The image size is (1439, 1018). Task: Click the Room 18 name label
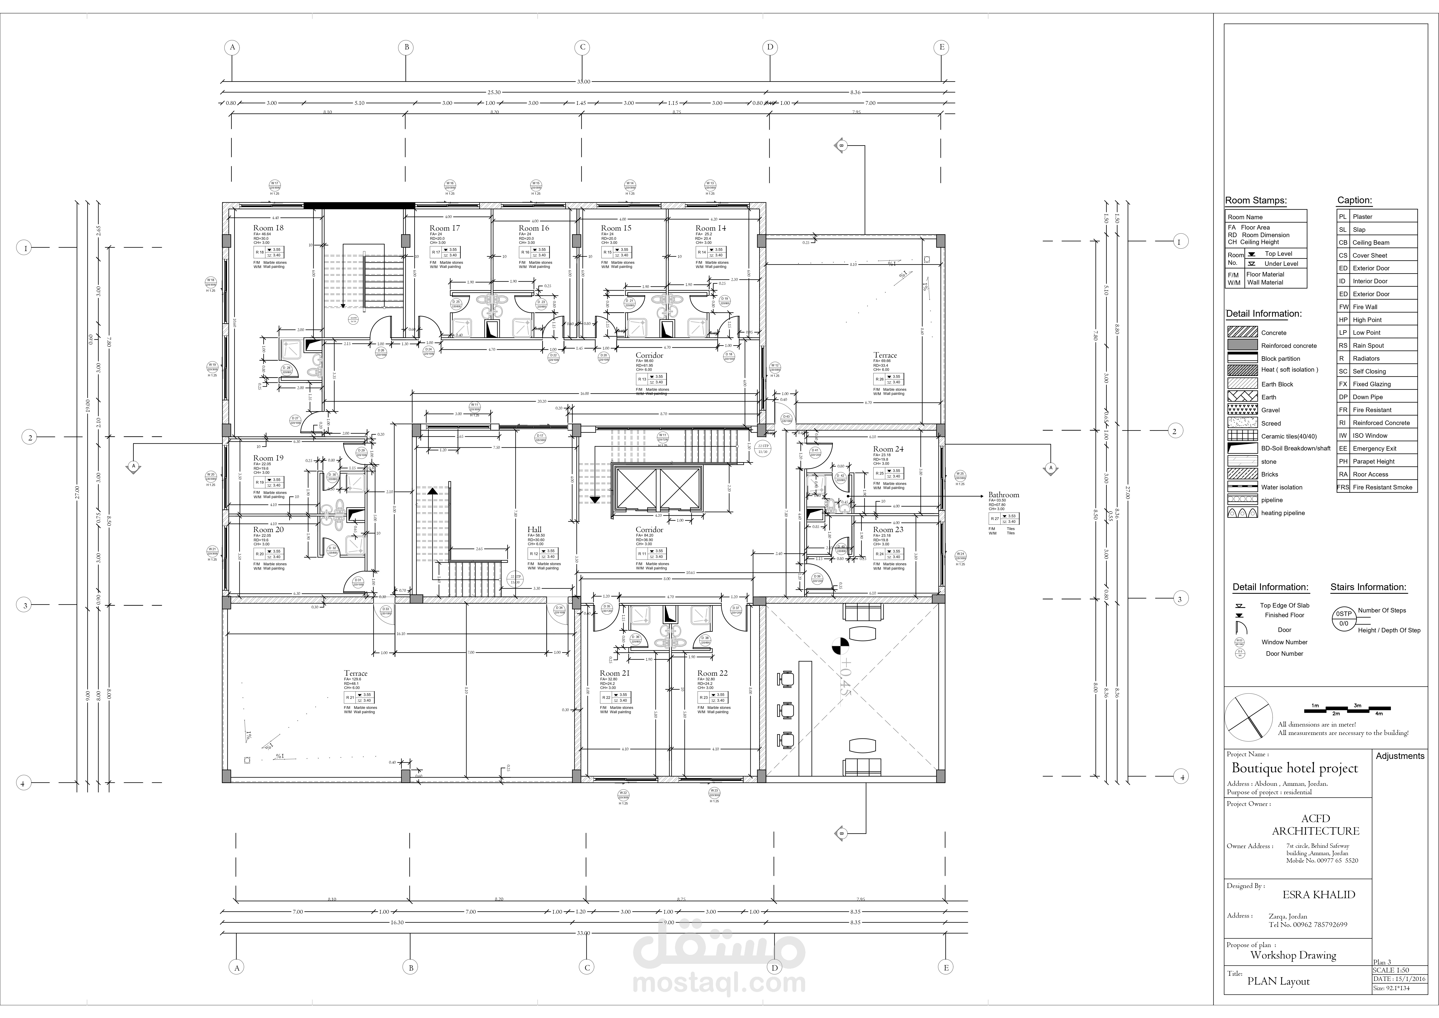click(x=268, y=228)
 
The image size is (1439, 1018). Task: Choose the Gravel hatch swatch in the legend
click(x=1242, y=410)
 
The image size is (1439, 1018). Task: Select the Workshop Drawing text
click(x=1293, y=955)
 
